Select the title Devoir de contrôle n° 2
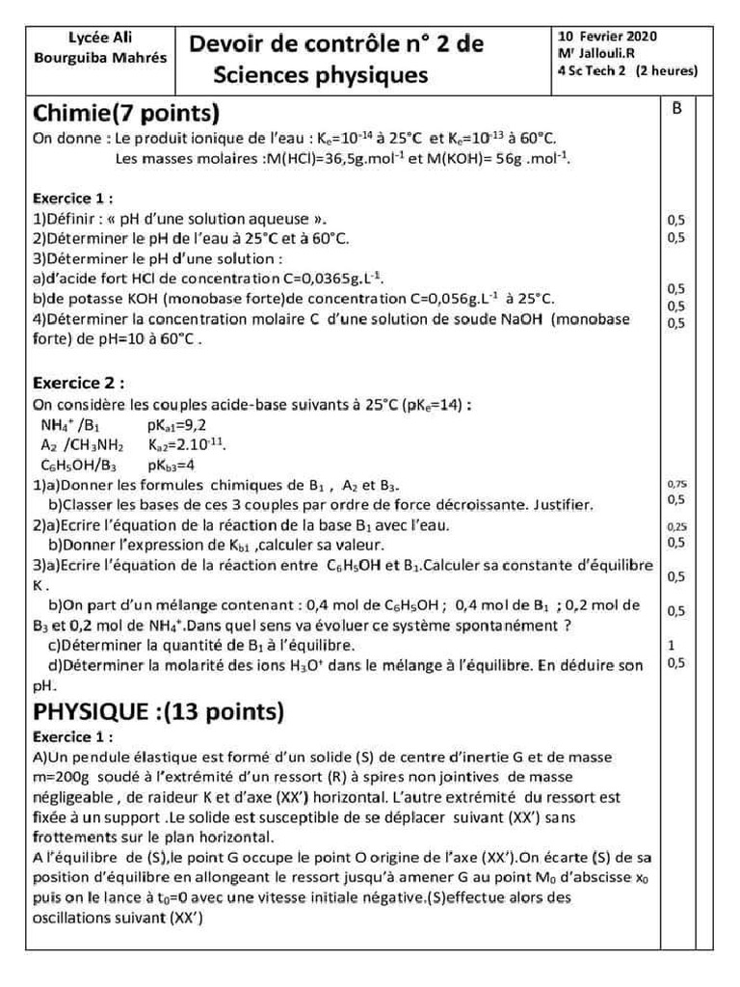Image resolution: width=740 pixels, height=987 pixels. (336, 44)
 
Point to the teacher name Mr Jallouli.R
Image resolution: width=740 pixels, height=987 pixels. (595, 53)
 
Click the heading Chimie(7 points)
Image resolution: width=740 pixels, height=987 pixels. (126, 114)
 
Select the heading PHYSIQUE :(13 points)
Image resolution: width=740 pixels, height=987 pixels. (159, 712)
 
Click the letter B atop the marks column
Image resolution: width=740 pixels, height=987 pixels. (676, 109)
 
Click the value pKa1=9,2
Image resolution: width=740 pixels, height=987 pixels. (176, 423)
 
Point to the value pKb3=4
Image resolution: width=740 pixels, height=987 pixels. (172, 465)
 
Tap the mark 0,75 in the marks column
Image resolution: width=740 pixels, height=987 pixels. (676, 484)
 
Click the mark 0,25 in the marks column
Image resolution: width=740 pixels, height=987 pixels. (676, 527)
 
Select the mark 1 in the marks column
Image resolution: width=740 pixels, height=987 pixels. (671, 645)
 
